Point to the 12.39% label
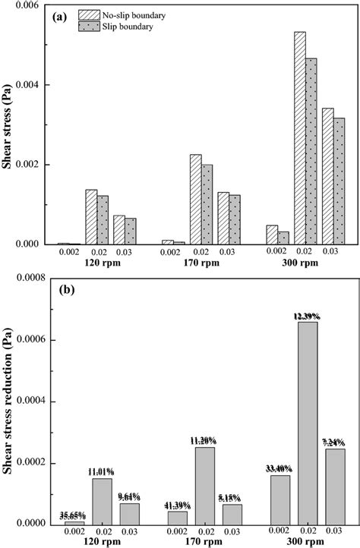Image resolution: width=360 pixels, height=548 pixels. click(308, 315)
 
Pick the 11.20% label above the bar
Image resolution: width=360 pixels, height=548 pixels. click(204, 440)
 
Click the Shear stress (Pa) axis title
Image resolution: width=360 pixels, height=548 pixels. click(9, 125)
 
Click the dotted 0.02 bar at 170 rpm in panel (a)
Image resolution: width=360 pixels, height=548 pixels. click(207, 204)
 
